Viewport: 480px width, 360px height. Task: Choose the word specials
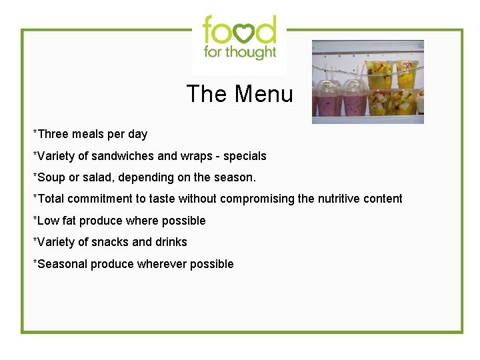(x=245, y=156)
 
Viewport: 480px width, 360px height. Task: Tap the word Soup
(x=51, y=177)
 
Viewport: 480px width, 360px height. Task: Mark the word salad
(x=99, y=177)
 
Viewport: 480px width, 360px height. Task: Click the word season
(x=236, y=177)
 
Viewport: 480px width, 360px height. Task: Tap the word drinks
(x=171, y=242)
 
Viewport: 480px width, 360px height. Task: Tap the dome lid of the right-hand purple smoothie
(x=353, y=89)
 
